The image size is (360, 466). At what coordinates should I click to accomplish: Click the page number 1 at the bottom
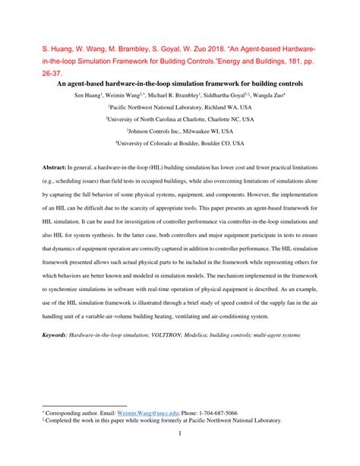click(180, 434)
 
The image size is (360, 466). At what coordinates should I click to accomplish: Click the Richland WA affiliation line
click(180, 109)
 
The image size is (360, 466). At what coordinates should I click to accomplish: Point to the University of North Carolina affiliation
click(180, 119)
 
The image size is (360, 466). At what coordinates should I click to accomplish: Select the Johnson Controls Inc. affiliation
click(180, 131)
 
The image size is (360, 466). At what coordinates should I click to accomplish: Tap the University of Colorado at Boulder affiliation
click(180, 142)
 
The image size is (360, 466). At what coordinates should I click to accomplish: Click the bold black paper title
click(180, 83)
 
